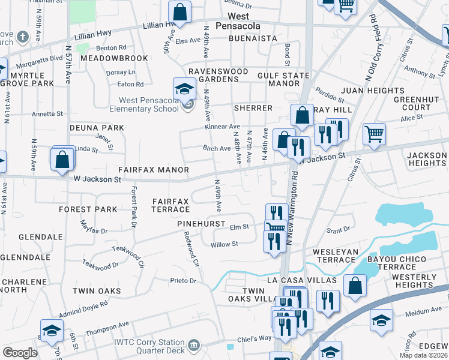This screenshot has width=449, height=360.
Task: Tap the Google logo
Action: coord(20,353)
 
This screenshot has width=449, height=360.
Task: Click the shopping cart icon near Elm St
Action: coord(276,227)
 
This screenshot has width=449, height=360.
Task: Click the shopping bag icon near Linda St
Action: coord(62,160)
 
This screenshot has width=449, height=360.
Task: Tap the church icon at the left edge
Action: coord(22,37)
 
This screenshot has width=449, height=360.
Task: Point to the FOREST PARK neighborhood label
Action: coord(88,209)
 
